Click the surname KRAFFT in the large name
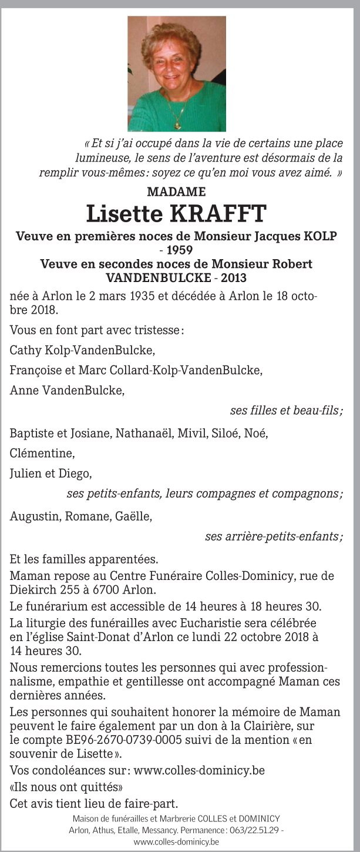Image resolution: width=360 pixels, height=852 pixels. pyautogui.click(x=218, y=214)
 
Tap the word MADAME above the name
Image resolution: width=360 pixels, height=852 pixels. pyautogui.click(x=176, y=192)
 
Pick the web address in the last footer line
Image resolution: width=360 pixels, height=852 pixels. pyautogui.click(x=176, y=841)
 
